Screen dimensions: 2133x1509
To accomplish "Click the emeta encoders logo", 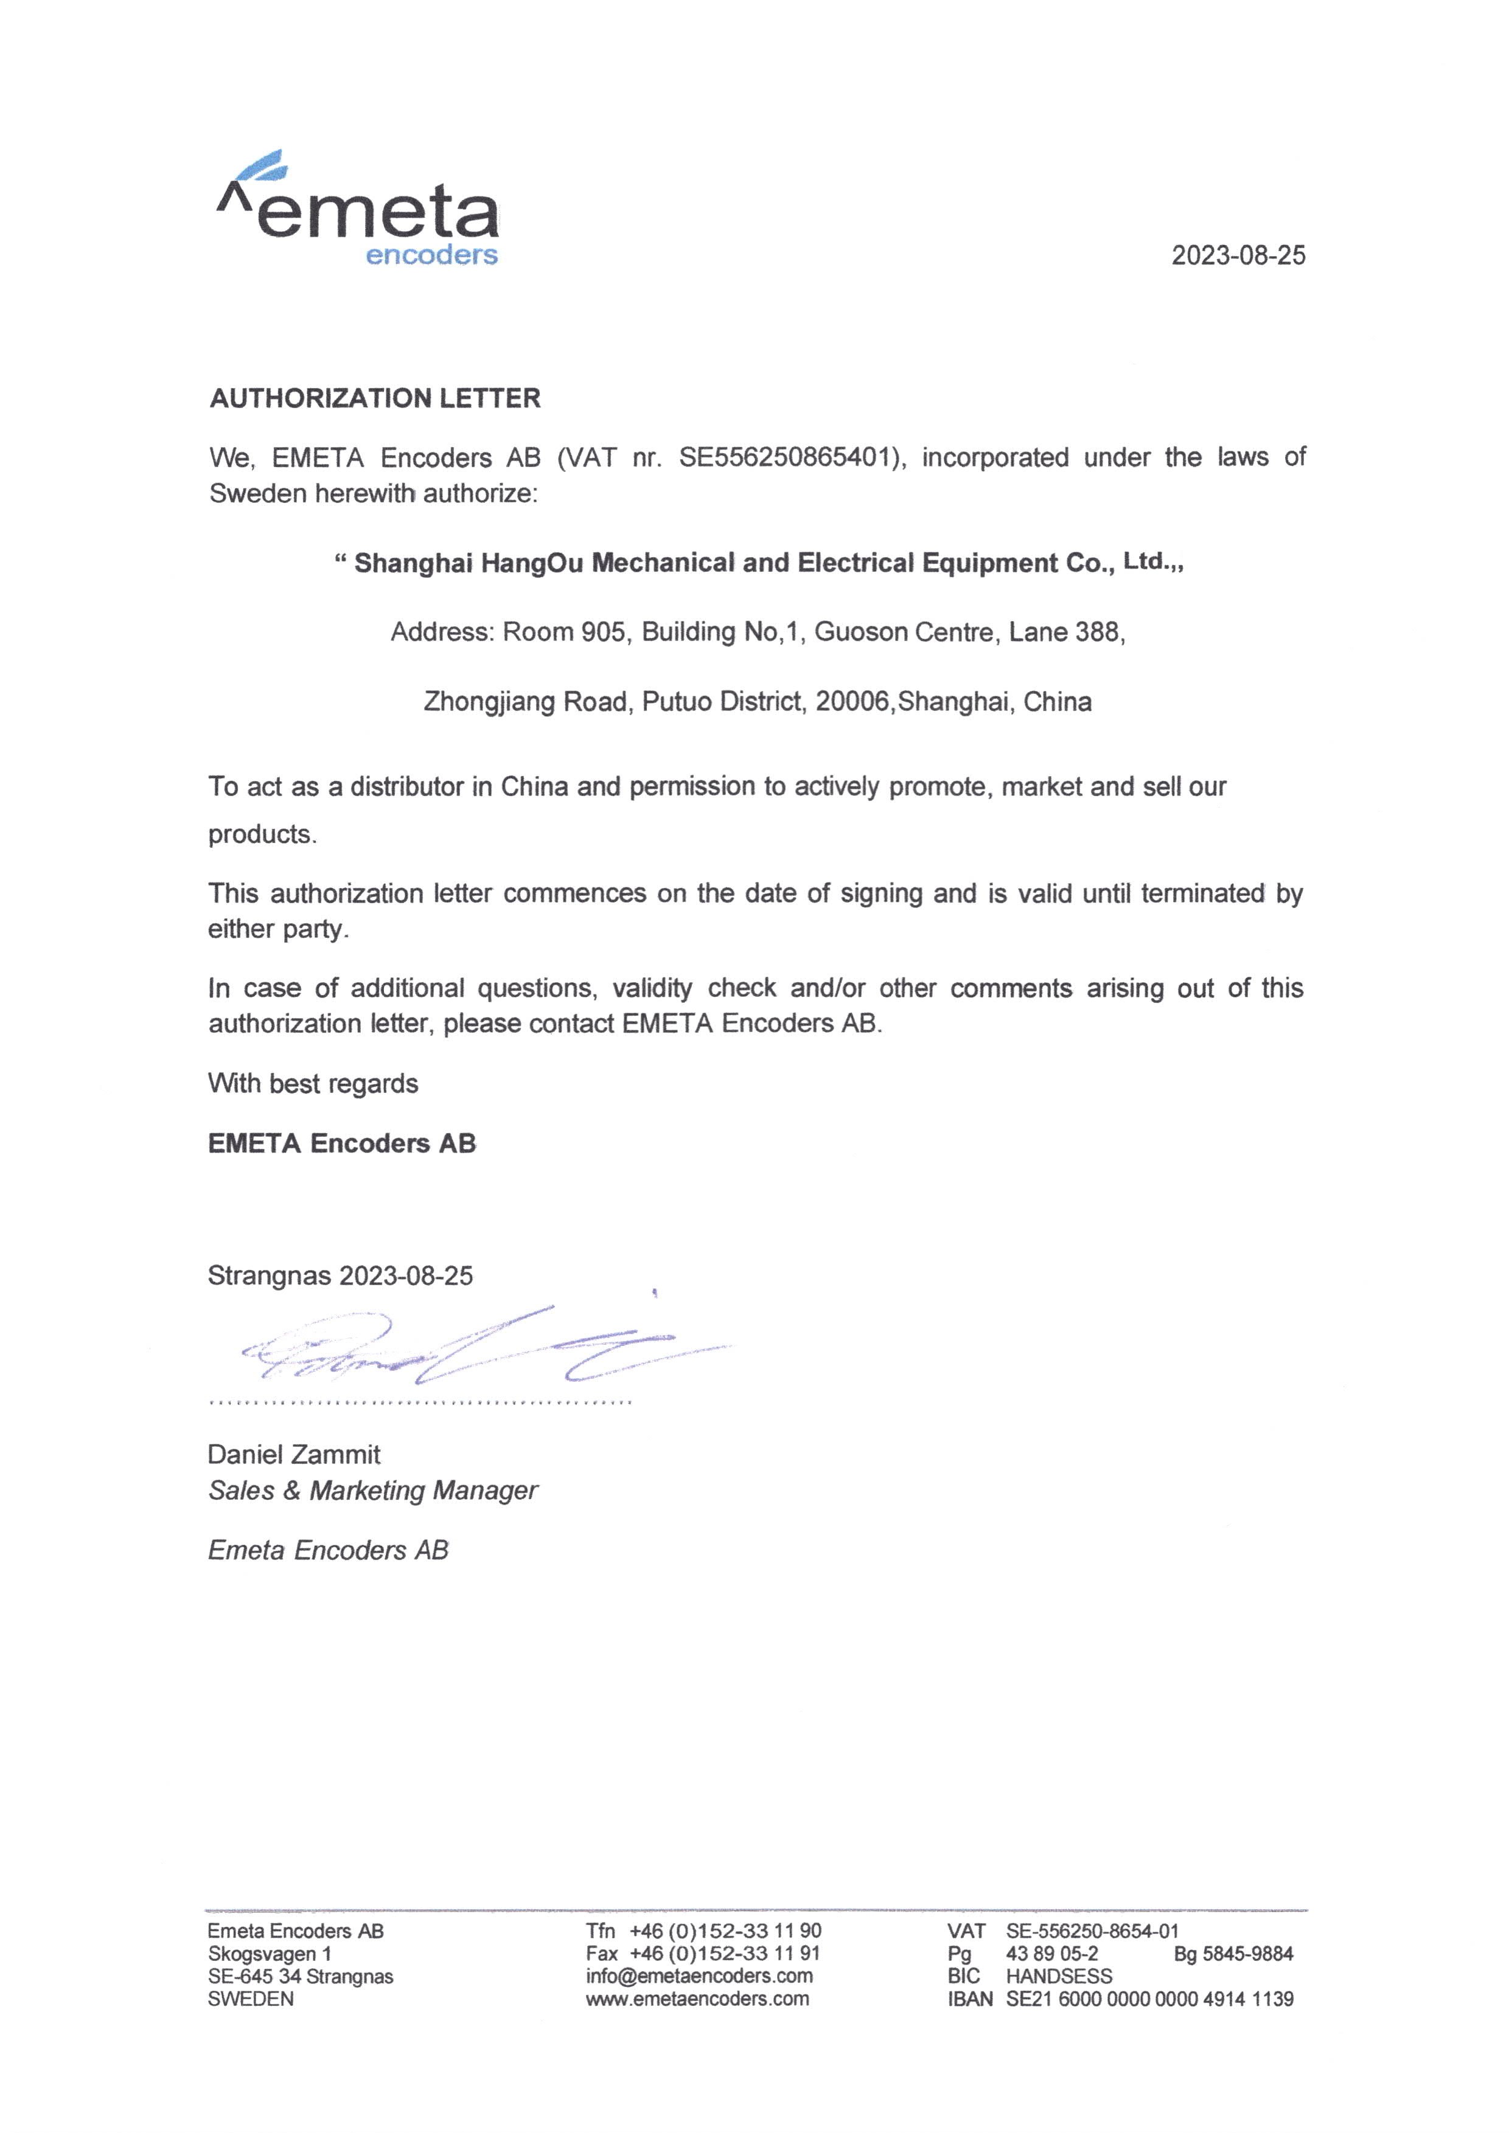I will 358,210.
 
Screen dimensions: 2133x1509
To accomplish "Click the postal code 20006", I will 852,701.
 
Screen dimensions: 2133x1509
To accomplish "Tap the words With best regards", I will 313,1083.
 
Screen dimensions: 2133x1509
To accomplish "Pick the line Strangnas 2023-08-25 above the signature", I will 340,1275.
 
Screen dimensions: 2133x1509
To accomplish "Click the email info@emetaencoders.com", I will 699,1976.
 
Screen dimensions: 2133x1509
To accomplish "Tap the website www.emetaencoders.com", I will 697,1999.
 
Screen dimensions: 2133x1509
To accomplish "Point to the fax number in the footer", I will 725,1954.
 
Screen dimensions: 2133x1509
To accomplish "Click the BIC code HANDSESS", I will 1058,1976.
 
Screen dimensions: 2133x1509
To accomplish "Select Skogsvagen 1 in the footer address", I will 270,1954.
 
